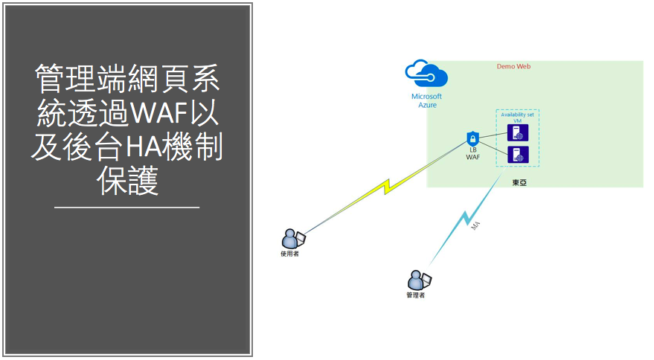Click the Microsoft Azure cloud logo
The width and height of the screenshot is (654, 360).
[426, 75]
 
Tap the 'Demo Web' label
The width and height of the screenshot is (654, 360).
[513, 66]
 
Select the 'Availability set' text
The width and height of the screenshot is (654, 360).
[518, 115]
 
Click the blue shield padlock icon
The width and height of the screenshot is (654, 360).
[472, 139]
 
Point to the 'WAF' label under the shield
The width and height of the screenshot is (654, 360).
[472, 158]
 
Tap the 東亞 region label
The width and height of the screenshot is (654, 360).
[519, 181]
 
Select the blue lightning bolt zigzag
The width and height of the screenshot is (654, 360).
[467, 219]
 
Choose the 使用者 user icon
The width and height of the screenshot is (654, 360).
[292, 239]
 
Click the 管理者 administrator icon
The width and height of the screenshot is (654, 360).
[417, 280]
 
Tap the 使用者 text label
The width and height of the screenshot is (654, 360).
[289, 254]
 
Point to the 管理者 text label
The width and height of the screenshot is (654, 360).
[415, 295]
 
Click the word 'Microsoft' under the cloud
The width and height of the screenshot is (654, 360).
[426, 96]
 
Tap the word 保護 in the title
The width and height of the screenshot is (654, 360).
[128, 181]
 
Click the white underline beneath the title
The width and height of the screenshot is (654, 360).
[127, 207]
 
